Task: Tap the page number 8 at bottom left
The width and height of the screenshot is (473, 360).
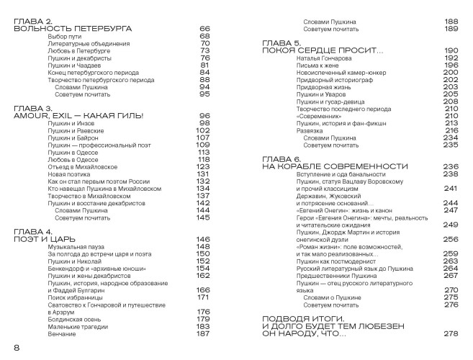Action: [x=16, y=348]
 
